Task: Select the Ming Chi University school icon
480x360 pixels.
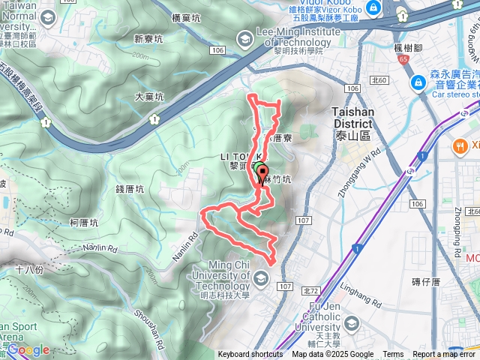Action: [260, 280]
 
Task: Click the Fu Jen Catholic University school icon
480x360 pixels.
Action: [351, 323]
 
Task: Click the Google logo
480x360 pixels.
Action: [28, 349]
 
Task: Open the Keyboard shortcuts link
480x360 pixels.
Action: [250, 355]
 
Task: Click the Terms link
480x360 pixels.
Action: [393, 355]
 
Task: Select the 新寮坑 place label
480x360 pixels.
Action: [148, 39]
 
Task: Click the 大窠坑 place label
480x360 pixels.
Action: [148, 97]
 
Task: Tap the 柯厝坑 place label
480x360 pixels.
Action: [83, 223]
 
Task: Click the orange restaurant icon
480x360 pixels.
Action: [458, 145]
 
